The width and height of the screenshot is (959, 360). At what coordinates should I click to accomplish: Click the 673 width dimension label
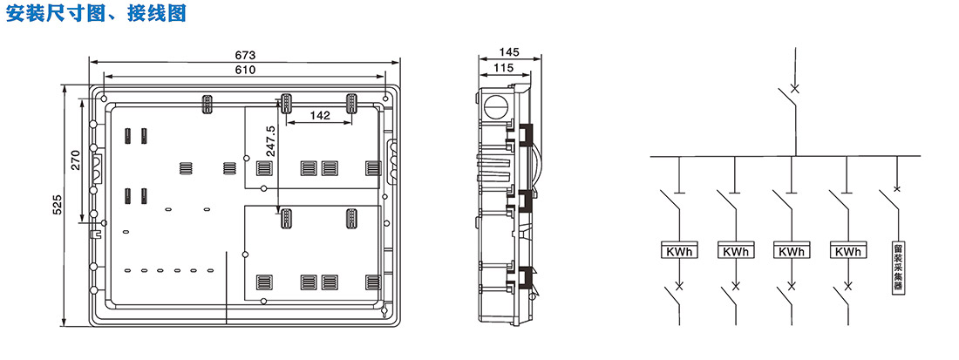(x=244, y=54)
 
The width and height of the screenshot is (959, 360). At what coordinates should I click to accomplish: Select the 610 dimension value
(x=245, y=70)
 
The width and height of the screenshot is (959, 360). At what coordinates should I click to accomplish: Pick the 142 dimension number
(x=320, y=115)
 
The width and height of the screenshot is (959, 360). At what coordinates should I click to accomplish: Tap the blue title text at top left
(x=96, y=13)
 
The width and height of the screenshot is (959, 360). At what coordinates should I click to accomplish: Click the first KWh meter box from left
(x=679, y=251)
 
